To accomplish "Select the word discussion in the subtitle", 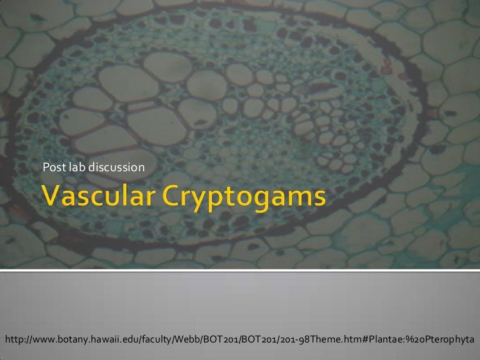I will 114,167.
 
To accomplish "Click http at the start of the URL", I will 14,339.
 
